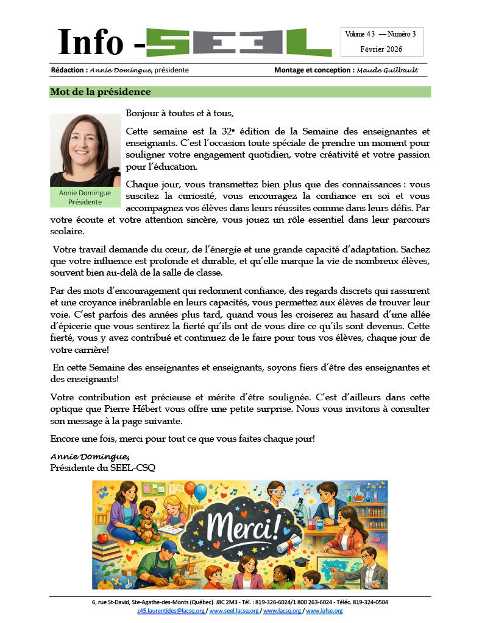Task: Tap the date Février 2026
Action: [381, 49]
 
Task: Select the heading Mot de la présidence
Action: [100, 92]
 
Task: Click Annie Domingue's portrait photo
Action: [85, 150]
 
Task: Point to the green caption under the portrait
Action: [85, 197]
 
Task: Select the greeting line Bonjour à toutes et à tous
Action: [180, 113]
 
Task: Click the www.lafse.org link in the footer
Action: [324, 610]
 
